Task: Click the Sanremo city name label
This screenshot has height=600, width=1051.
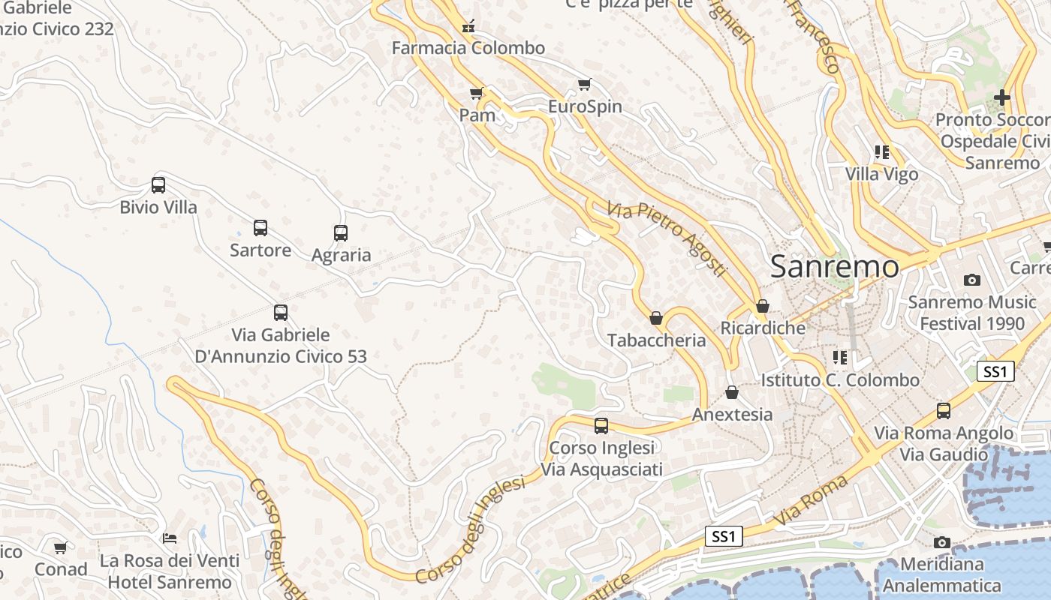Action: pos(834,266)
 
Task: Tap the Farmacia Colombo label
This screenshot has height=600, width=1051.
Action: pos(468,48)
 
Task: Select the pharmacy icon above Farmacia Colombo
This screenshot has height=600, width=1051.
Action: pos(468,27)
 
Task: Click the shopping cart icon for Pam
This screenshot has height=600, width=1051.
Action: pos(476,94)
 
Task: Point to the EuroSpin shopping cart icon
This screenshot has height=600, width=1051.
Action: pos(585,85)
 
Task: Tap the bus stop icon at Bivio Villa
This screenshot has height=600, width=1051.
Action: pos(158,185)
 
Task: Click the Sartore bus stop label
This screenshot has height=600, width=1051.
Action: pos(260,250)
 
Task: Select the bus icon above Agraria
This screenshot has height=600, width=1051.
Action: pos(341,233)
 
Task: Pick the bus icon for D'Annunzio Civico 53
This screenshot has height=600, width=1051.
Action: pos(281,313)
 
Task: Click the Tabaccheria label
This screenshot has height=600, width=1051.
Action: pos(657,340)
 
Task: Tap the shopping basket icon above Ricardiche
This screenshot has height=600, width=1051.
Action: pos(763,306)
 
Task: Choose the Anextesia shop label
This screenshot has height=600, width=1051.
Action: pos(732,414)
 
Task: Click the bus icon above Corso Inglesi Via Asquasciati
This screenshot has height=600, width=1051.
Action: pos(601,426)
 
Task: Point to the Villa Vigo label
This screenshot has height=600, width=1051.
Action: pos(881,174)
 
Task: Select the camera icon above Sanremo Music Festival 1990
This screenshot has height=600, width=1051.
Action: pos(972,280)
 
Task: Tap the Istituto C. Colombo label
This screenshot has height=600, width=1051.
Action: pos(840,380)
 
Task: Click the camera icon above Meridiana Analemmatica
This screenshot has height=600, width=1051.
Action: pos(942,542)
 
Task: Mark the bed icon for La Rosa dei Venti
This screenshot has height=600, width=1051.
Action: pos(170,538)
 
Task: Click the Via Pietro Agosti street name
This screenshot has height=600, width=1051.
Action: pos(667,238)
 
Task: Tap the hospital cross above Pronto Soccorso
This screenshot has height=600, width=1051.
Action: pos(1002,97)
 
